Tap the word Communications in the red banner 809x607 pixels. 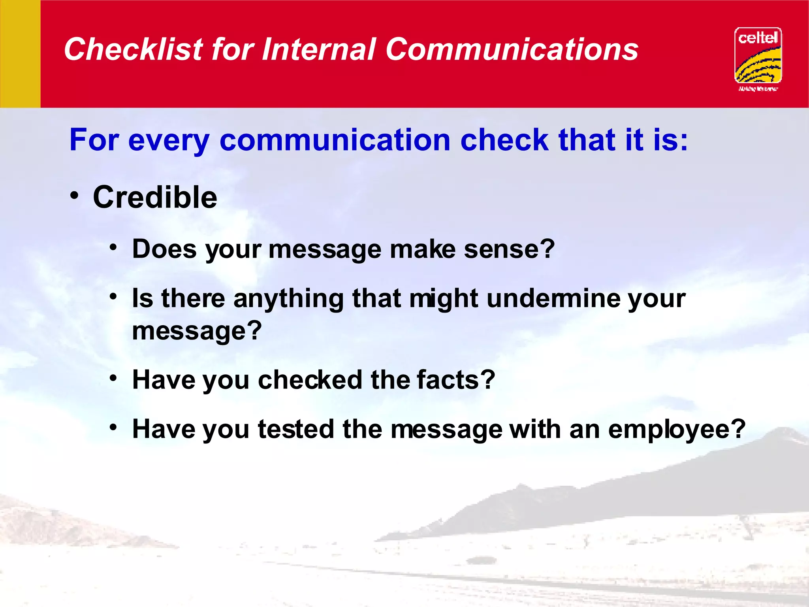click(512, 49)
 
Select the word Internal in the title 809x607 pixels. click(318, 49)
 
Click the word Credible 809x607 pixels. click(155, 197)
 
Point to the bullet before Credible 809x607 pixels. click(75, 195)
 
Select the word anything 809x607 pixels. click(288, 299)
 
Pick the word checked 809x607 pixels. click(310, 380)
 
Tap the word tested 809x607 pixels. click(296, 429)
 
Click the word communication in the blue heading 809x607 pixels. click(335, 140)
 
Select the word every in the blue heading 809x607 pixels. click(169, 141)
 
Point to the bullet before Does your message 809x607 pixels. click(114, 248)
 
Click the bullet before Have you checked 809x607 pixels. click(114, 378)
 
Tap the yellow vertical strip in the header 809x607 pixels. click(20, 54)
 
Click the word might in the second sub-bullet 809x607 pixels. click(444, 299)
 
